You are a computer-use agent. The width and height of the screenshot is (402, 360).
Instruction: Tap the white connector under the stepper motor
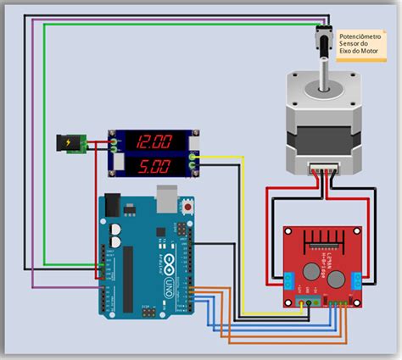322,168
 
